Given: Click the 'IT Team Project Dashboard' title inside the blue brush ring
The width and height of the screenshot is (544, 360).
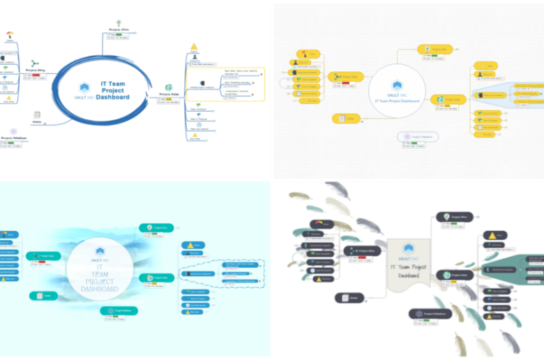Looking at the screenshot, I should (114, 90).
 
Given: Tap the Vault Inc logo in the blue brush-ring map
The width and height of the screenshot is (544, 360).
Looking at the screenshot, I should (84, 87).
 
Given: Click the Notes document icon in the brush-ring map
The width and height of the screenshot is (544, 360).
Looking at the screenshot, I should (36, 114).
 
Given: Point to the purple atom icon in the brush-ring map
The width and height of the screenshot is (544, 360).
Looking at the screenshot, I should (13, 131).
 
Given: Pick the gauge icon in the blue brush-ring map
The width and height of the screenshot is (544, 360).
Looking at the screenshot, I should (9, 33).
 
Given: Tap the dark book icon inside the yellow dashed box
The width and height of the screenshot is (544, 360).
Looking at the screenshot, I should (202, 83).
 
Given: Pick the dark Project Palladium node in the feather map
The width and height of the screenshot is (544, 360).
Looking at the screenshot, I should (428, 315).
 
